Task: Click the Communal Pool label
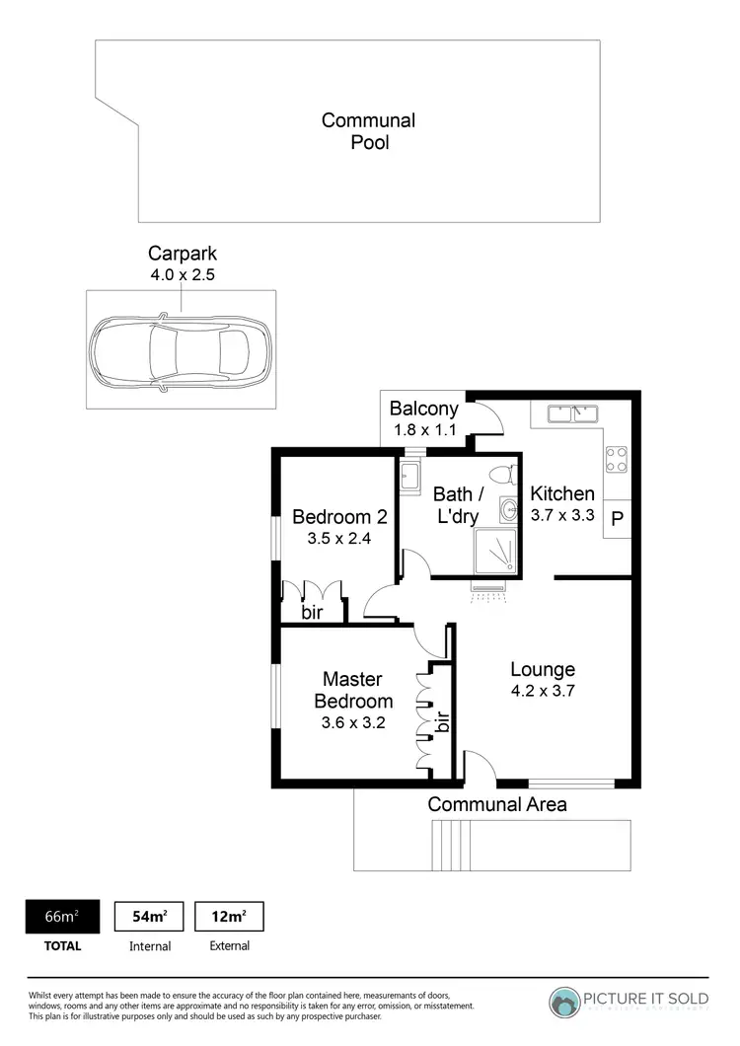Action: click(368, 131)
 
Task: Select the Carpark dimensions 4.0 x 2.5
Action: click(181, 274)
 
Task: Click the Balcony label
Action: click(424, 409)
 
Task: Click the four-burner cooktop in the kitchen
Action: click(616, 459)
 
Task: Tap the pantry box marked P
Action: click(618, 520)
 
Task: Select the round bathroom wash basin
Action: click(508, 509)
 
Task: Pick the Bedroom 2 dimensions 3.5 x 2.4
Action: click(338, 539)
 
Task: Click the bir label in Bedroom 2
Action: click(313, 612)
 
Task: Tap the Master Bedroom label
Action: click(353, 691)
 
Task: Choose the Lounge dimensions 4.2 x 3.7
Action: click(543, 691)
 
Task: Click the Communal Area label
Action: click(497, 804)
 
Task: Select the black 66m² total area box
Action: click(60, 917)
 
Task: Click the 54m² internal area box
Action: click(150, 917)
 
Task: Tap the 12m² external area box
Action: click(230, 917)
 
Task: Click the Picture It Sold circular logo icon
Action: click(565, 1003)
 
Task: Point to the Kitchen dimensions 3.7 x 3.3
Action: click(562, 514)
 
